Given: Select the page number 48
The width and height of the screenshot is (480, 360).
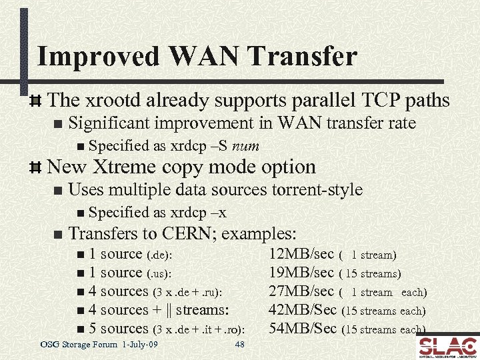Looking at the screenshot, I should (x=239, y=344).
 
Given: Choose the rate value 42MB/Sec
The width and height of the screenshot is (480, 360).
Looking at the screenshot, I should (x=302, y=310).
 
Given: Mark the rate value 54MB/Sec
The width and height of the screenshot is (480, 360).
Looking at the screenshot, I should (x=302, y=329).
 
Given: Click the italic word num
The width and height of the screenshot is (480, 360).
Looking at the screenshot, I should (x=246, y=146).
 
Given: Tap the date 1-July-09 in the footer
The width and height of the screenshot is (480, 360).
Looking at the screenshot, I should (x=140, y=344).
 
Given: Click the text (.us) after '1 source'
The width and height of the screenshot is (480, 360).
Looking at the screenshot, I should (x=159, y=273).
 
